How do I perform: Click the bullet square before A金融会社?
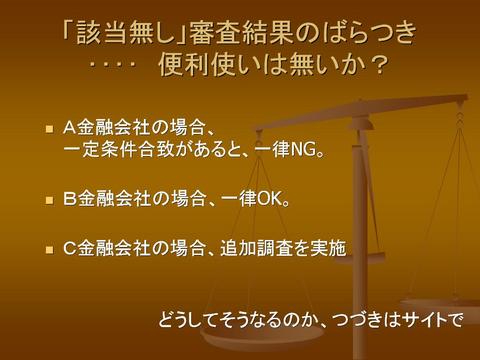pyautogui.click(x=50, y=129)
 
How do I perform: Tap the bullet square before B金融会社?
pyautogui.click(x=50, y=200)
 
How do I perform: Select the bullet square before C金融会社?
pyautogui.click(x=50, y=249)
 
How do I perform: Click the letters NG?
pyautogui.click(x=303, y=150)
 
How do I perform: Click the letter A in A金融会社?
pyautogui.click(x=69, y=128)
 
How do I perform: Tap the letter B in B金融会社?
pyautogui.click(x=70, y=199)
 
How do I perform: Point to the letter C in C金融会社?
pyautogui.click(x=70, y=248)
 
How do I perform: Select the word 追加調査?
pyautogui.click(x=255, y=248)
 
